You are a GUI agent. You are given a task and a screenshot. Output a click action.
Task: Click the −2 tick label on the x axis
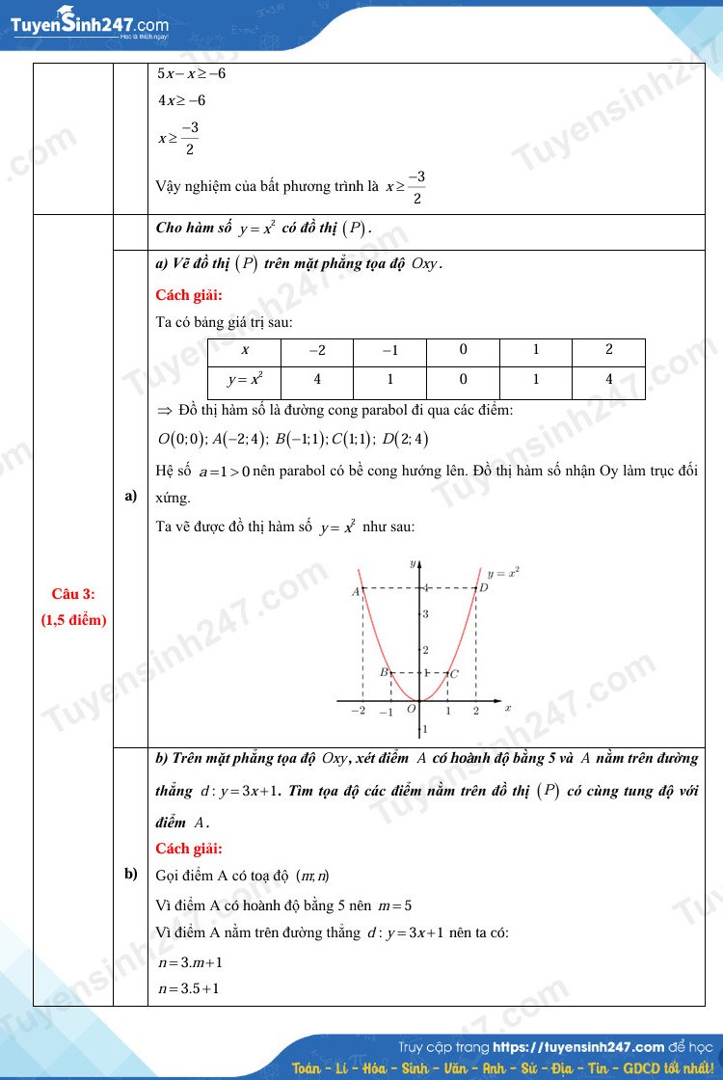359,711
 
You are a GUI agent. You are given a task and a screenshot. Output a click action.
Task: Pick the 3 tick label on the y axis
425,614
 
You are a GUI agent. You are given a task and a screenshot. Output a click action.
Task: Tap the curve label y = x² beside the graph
503,572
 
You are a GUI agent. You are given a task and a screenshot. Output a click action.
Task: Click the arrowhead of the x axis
499,699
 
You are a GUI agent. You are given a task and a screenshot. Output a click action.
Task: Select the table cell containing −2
317,350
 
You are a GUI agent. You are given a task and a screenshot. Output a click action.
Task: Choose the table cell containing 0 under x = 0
463,380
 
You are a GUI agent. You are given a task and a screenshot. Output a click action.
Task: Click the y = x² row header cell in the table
244,380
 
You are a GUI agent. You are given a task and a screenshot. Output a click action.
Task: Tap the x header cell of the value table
244,350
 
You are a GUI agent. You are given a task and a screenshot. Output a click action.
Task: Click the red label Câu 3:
73,594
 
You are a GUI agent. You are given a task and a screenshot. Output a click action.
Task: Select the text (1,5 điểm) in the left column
73,620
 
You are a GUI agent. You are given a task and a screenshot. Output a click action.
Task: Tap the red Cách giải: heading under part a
189,295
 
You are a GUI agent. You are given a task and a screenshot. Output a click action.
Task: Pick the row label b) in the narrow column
130,874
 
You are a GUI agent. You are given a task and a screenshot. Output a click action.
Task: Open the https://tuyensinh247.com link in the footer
578,1046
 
